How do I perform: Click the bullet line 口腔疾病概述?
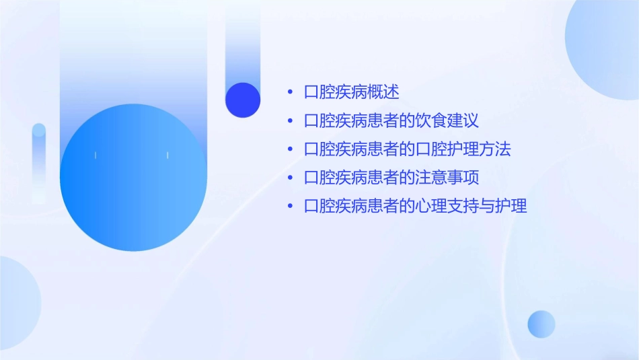tap(351, 92)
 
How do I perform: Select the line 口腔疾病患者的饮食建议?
tap(391, 121)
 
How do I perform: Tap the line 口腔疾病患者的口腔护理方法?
tap(408, 149)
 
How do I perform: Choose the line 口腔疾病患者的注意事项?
tap(391, 178)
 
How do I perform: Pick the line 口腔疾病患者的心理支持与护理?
tap(415, 206)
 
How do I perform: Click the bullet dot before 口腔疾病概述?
tap(290, 93)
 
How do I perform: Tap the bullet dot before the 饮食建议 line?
tap(290, 121)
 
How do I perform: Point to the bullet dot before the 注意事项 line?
tap(290, 178)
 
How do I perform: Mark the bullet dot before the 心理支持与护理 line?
tap(290, 206)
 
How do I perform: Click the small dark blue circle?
tap(243, 100)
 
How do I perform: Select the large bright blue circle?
tap(133, 178)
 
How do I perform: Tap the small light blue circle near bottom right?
tap(541, 324)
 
